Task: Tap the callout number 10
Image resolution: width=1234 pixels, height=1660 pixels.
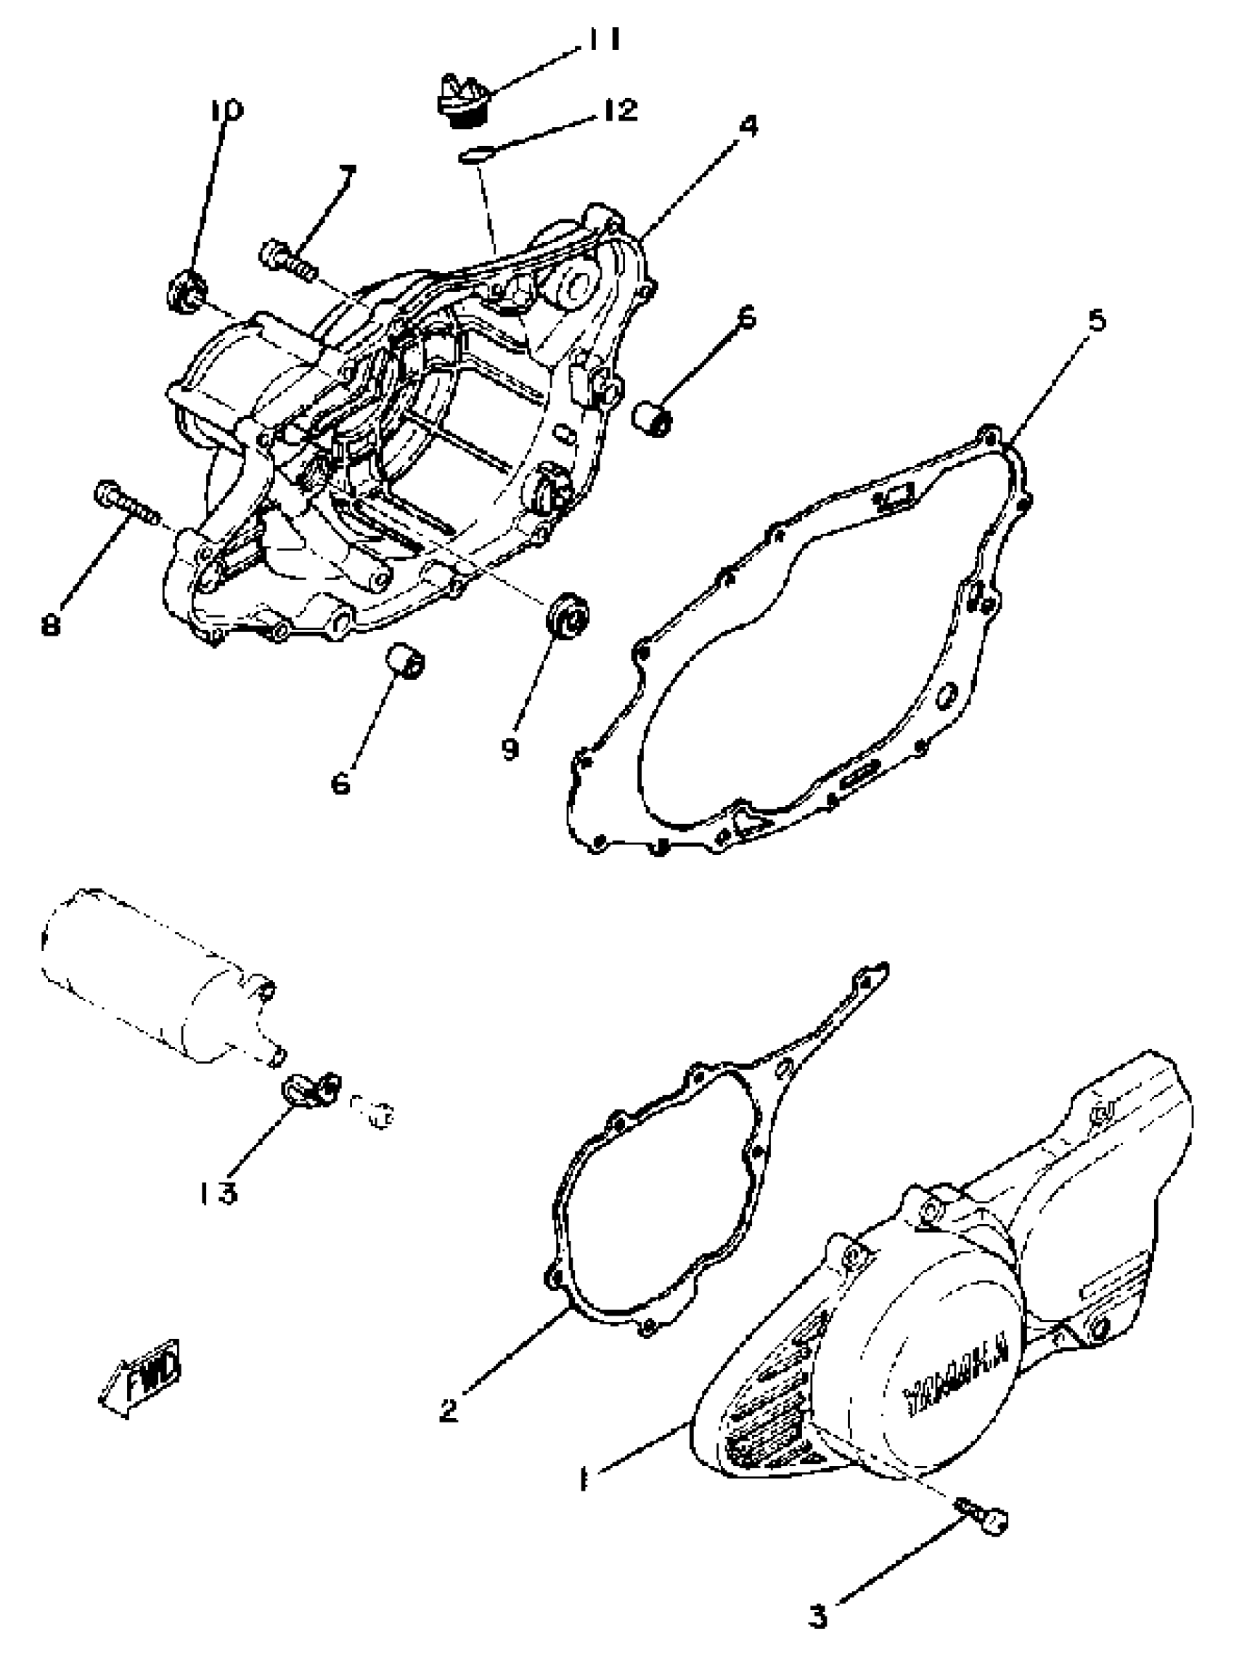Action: [x=226, y=110]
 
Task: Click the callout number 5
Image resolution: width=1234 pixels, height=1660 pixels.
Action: [x=1095, y=320]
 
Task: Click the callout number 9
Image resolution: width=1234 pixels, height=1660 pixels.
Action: [x=510, y=748]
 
